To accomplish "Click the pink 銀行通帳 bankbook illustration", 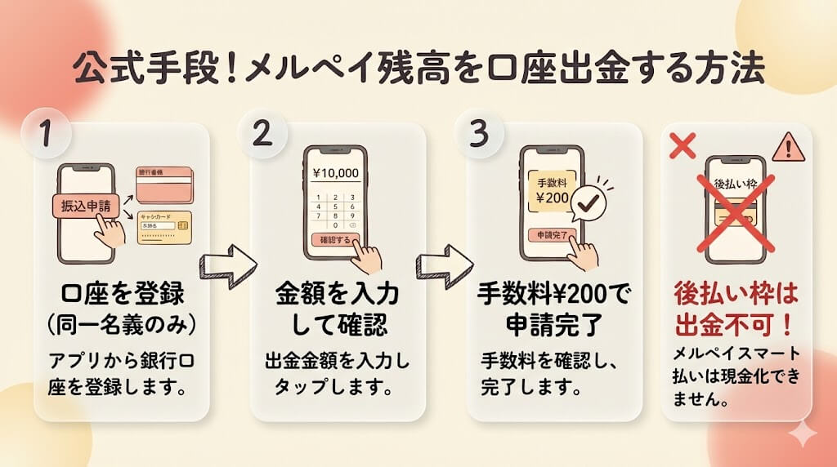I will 163,185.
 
